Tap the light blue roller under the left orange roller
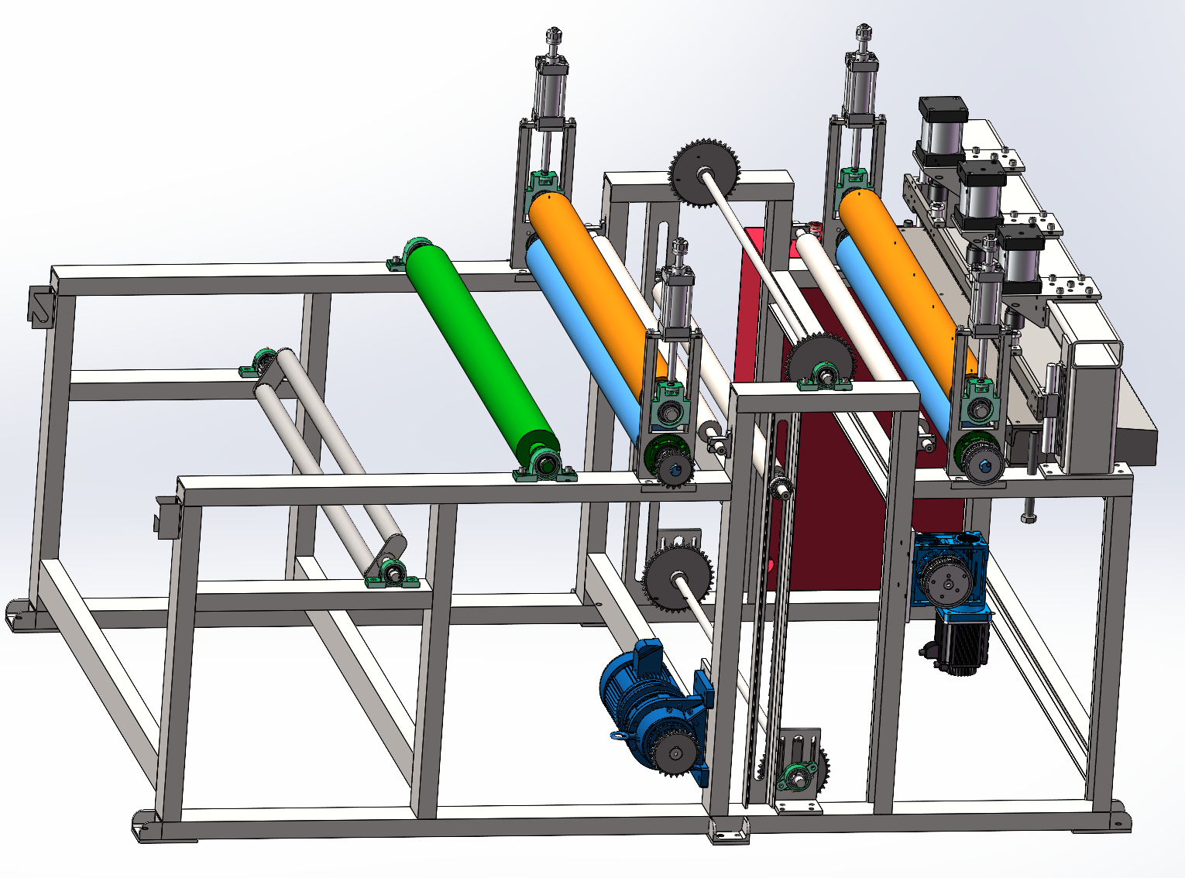pos(581,333)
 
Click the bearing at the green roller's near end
pos(547,465)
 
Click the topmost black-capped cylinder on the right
pos(942,128)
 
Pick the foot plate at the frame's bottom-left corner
pos(147,825)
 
